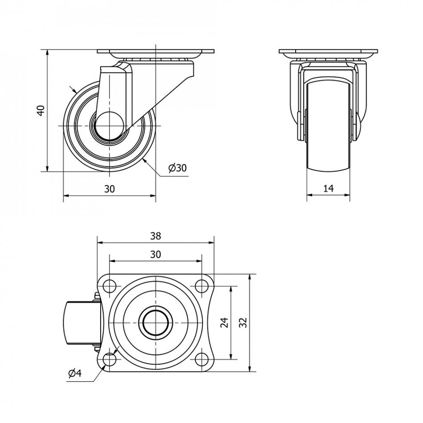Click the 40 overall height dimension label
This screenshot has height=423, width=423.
tap(41, 110)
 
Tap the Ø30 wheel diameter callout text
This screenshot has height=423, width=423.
tap(177, 168)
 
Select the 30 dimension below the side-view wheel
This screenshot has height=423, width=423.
tap(110, 189)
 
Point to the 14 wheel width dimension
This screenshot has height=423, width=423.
tap(328, 189)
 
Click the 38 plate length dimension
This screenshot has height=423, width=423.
tap(155, 236)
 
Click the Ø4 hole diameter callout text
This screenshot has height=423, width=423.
tap(75, 374)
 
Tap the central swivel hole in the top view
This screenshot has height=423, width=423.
tap(155, 322)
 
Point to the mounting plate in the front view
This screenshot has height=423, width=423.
tap(328, 52)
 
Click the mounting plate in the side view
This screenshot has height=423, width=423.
tap(155, 52)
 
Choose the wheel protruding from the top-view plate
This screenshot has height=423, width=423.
tap(80, 322)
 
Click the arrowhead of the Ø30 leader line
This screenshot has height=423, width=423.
tap(146, 159)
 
